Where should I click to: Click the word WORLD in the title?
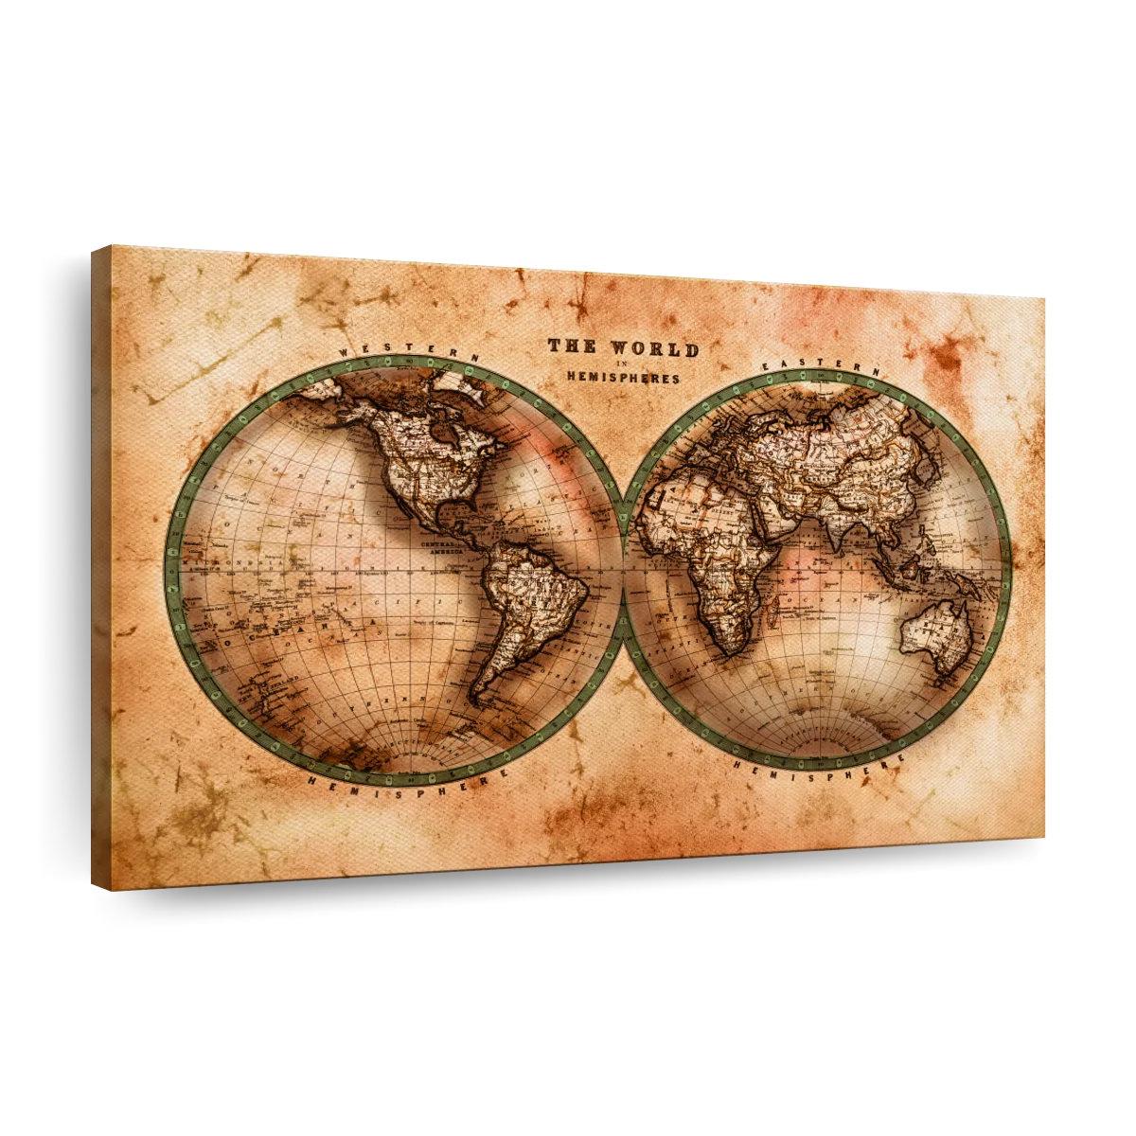click(x=655, y=349)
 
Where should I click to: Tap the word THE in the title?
click(x=572, y=346)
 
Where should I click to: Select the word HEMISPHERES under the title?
click(x=623, y=378)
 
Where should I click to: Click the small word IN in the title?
click(x=621, y=364)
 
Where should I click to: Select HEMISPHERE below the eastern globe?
click(x=819, y=765)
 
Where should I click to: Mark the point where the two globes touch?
click(x=623, y=571)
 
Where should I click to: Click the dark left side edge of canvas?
click(x=101, y=568)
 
